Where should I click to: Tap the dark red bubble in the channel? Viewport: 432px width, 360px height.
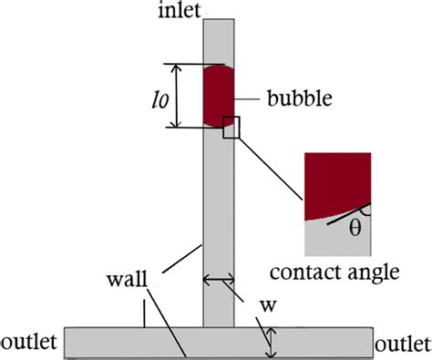click(219, 95)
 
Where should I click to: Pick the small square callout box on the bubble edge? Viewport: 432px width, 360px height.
click(232, 128)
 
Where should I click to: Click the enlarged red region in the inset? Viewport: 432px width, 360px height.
click(334, 182)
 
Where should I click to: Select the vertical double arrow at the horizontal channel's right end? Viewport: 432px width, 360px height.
click(271, 342)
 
